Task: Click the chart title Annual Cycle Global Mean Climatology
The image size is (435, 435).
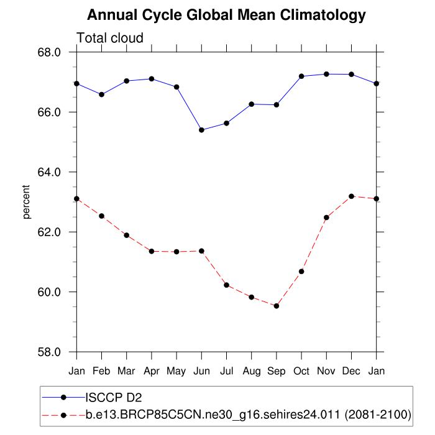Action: [226, 15]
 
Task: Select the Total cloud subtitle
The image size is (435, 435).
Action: [110, 38]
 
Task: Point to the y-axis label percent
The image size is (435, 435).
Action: [27, 202]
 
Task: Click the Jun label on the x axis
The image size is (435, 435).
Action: [201, 372]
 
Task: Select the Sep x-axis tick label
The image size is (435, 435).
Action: [277, 372]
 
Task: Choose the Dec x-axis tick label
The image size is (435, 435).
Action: [352, 372]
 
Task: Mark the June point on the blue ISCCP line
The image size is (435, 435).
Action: [201, 130]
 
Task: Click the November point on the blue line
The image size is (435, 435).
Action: [326, 74]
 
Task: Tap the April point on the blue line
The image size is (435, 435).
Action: [152, 79]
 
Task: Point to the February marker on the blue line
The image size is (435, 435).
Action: [101, 94]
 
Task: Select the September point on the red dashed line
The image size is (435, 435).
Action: [277, 306]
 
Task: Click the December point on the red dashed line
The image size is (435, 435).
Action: [352, 196]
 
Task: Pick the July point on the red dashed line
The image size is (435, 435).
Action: [227, 285]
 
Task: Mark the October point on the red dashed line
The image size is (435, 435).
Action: [301, 272]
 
